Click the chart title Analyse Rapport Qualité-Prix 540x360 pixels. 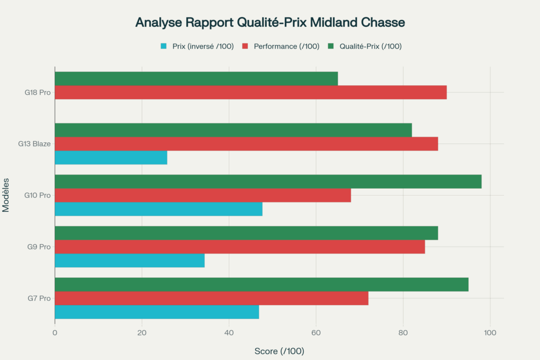270,23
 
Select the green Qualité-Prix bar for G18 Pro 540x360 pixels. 196,79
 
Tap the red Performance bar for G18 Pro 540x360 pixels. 250,92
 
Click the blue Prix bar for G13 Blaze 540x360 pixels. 111,158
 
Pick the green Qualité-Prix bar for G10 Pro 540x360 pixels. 268,181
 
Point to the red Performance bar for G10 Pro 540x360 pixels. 202,195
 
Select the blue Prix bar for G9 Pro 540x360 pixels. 130,260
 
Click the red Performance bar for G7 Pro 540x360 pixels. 211,298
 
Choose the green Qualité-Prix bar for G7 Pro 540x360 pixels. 262,285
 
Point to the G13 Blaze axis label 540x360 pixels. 37,144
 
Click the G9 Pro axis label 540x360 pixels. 40,247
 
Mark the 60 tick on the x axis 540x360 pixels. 316,333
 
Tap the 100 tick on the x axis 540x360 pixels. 490,333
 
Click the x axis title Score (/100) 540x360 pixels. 279,351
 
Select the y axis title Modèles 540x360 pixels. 6,195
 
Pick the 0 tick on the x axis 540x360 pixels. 55,333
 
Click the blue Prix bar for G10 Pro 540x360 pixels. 158,209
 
